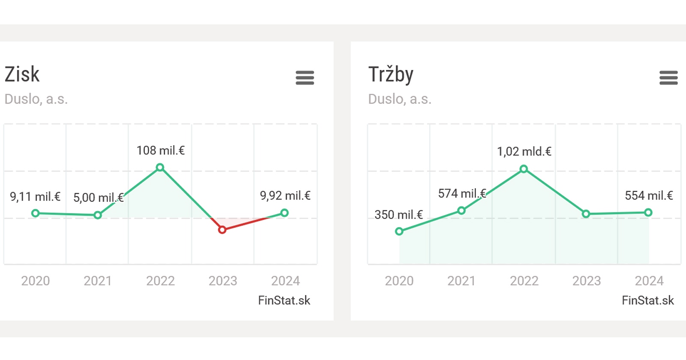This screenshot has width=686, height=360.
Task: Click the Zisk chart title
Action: pyautogui.click(x=22, y=75)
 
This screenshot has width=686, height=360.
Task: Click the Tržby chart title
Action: pyautogui.click(x=391, y=75)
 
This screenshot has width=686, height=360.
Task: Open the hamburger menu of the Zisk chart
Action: pyautogui.click(x=305, y=78)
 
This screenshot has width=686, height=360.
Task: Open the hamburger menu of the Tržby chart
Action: pyautogui.click(x=668, y=78)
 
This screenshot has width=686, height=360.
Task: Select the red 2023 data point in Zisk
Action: pyautogui.click(x=222, y=230)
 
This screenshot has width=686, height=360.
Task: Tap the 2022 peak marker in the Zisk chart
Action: pyautogui.click(x=160, y=167)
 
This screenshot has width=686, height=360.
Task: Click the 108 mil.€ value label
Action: pyautogui.click(x=160, y=150)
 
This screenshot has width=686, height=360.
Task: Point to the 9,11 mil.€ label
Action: pyautogui.click(x=35, y=197)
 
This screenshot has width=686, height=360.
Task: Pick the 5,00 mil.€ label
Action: pyautogui.click(x=98, y=198)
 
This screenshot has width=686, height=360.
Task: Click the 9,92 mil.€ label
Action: pyautogui.click(x=285, y=196)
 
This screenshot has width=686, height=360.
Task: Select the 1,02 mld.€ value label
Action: pyautogui.click(x=524, y=152)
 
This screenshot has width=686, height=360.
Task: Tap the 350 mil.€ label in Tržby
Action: pyautogui.click(x=398, y=215)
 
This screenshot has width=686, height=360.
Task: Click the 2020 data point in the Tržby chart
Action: pyautogui.click(x=399, y=231)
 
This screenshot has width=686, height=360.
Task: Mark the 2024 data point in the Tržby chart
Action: pyautogui.click(x=648, y=212)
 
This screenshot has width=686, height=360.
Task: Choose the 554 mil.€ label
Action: pyautogui.click(x=649, y=196)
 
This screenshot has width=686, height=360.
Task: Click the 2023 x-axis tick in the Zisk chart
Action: pyautogui.click(x=223, y=281)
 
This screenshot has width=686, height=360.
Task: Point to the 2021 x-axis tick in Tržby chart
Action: pyautogui.click(x=461, y=281)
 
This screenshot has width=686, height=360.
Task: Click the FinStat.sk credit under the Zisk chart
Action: pyautogui.click(x=284, y=300)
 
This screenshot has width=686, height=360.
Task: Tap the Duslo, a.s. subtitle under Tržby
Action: pyautogui.click(x=400, y=99)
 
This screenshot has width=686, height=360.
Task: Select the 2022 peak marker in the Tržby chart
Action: pyautogui.click(x=524, y=169)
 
